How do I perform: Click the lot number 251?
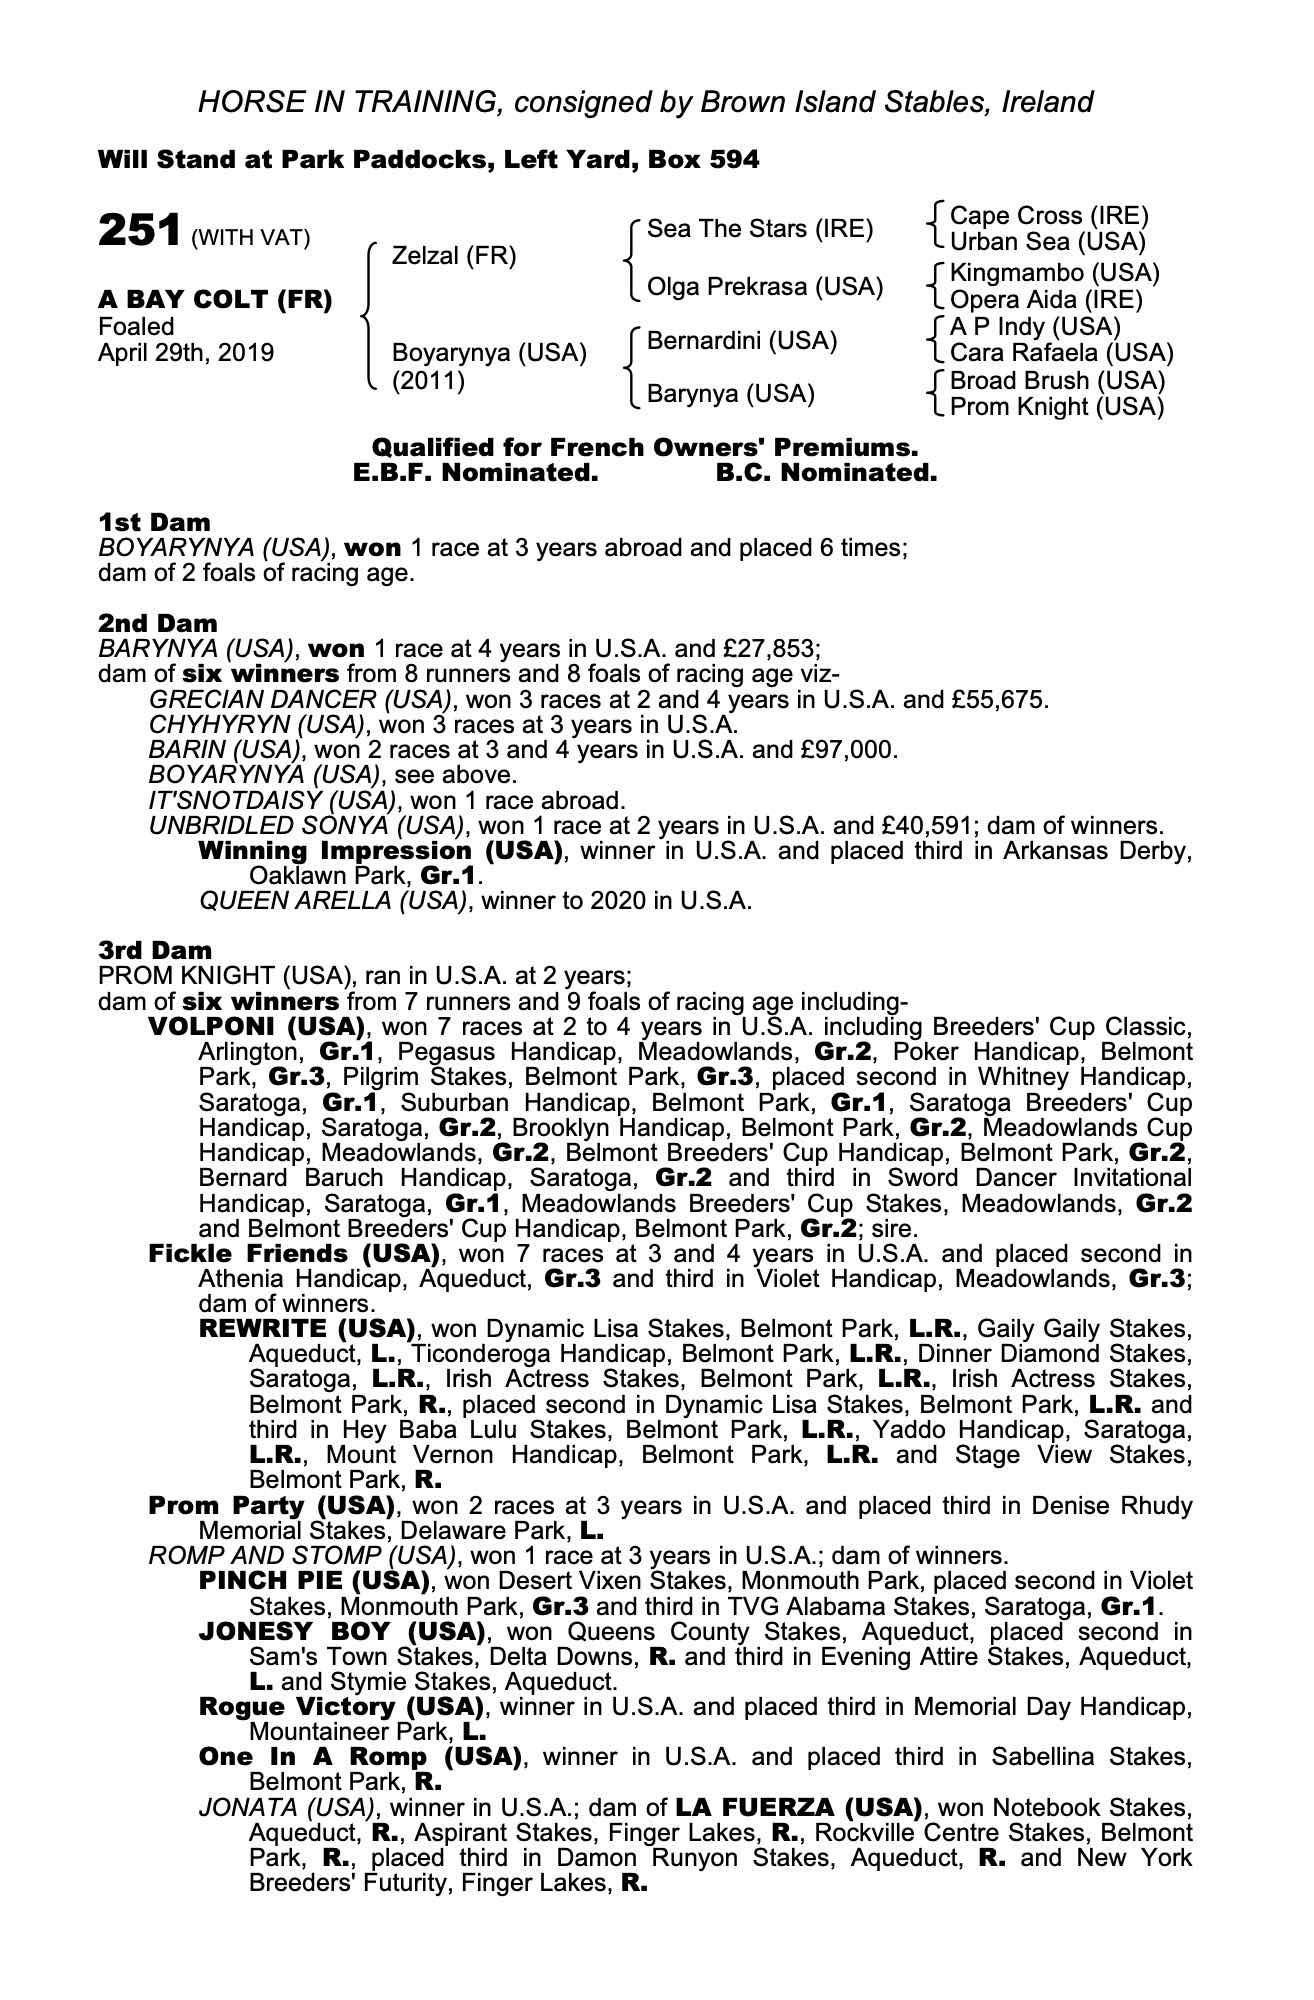[138, 231]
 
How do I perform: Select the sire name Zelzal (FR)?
[454, 256]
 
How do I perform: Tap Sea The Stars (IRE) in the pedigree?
[760, 229]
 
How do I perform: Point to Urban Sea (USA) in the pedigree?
[1047, 242]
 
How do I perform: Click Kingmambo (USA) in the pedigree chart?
[1054, 273]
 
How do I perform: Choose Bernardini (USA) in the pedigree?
[742, 341]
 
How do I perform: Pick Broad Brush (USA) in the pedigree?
[1057, 381]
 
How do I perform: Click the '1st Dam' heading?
[155, 522]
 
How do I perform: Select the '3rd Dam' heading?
[155, 950]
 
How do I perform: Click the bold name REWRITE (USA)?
[307, 1329]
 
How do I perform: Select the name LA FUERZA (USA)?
[798, 1808]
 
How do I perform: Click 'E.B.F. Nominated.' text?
[476, 473]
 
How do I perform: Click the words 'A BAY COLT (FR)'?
[215, 300]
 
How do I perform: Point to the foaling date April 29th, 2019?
[186, 353]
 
